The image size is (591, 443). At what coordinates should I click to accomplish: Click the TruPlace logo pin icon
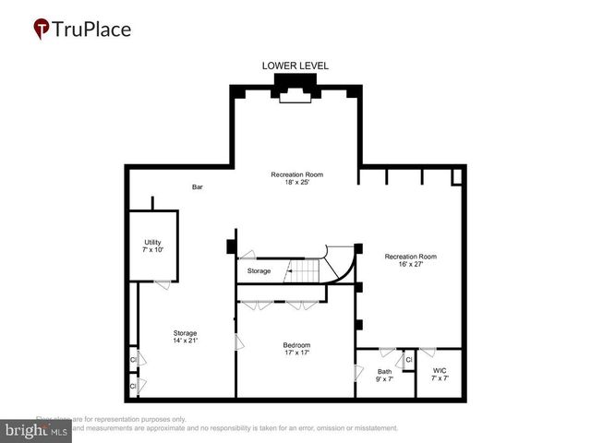click(42, 29)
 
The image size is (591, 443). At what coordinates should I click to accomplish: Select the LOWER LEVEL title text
click(295, 66)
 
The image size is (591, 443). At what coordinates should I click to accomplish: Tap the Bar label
click(197, 187)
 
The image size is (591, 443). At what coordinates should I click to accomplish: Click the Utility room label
click(152, 242)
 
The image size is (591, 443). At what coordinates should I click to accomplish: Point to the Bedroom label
click(297, 345)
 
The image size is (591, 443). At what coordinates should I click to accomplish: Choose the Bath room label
click(384, 371)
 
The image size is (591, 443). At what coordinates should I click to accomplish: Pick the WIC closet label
click(439, 371)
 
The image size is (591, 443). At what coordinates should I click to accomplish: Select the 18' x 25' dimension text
click(296, 183)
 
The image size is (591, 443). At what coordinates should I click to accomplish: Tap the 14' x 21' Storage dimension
click(186, 341)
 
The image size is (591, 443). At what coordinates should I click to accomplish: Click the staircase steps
click(304, 270)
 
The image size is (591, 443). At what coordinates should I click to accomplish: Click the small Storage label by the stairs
click(259, 271)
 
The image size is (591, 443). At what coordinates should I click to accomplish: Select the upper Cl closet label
click(134, 359)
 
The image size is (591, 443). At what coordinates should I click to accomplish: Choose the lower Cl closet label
click(134, 385)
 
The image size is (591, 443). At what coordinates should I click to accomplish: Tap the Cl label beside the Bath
click(408, 359)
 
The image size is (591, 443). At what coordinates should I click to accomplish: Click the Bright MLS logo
click(36, 430)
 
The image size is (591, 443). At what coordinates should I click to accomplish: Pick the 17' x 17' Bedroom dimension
click(296, 353)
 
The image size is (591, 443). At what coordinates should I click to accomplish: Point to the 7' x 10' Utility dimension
click(152, 250)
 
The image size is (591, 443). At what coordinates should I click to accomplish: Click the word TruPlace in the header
click(93, 29)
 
